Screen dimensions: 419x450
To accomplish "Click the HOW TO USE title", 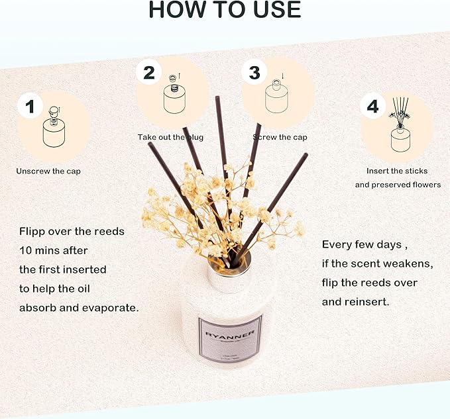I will pyautogui.click(x=225, y=9).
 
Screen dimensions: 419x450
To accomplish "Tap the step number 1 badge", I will pyautogui.click(x=30, y=106).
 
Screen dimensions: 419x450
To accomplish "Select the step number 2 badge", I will pyautogui.click(x=148, y=72).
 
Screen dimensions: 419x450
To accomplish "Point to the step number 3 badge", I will pyautogui.click(x=254, y=72).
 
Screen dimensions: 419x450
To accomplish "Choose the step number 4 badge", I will pyautogui.click(x=373, y=106).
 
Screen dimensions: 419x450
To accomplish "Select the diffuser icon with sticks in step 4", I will pyautogui.click(x=402, y=128).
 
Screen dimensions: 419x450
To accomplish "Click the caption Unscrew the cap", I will pyautogui.click(x=53, y=171).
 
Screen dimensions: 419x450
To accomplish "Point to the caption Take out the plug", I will pyautogui.click(x=170, y=137).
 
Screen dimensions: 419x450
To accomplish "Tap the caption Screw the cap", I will pyautogui.click(x=279, y=137).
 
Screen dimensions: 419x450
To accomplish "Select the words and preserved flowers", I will pyautogui.click(x=397, y=185).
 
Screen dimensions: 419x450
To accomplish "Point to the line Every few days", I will pyautogui.click(x=362, y=244).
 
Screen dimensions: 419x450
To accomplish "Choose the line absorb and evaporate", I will pyautogui.click(x=79, y=308).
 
